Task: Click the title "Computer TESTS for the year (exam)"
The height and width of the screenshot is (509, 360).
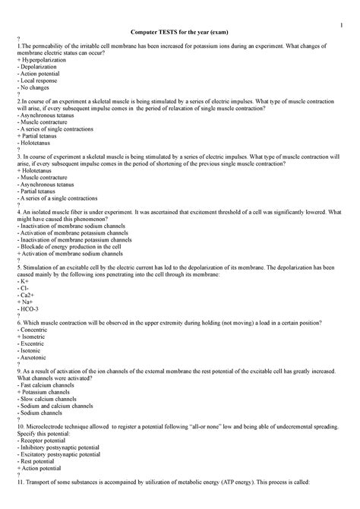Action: pos(180,33)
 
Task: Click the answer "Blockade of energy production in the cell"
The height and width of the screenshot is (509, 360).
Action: pos(74,246)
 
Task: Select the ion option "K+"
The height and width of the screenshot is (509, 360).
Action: pos(24,282)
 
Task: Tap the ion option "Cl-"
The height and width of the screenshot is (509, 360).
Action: pos(24,289)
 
